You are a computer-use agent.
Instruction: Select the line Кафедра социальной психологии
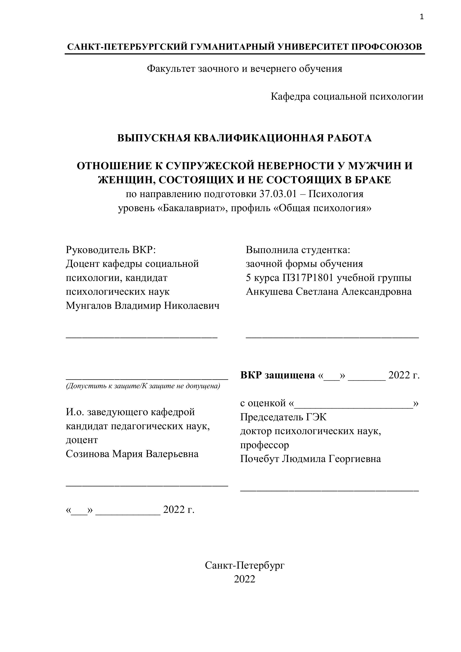tap(347, 97)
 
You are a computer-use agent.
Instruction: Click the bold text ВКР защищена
tap(277, 376)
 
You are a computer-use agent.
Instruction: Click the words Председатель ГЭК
tap(283, 417)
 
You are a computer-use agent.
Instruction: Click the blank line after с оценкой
tap(354, 404)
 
